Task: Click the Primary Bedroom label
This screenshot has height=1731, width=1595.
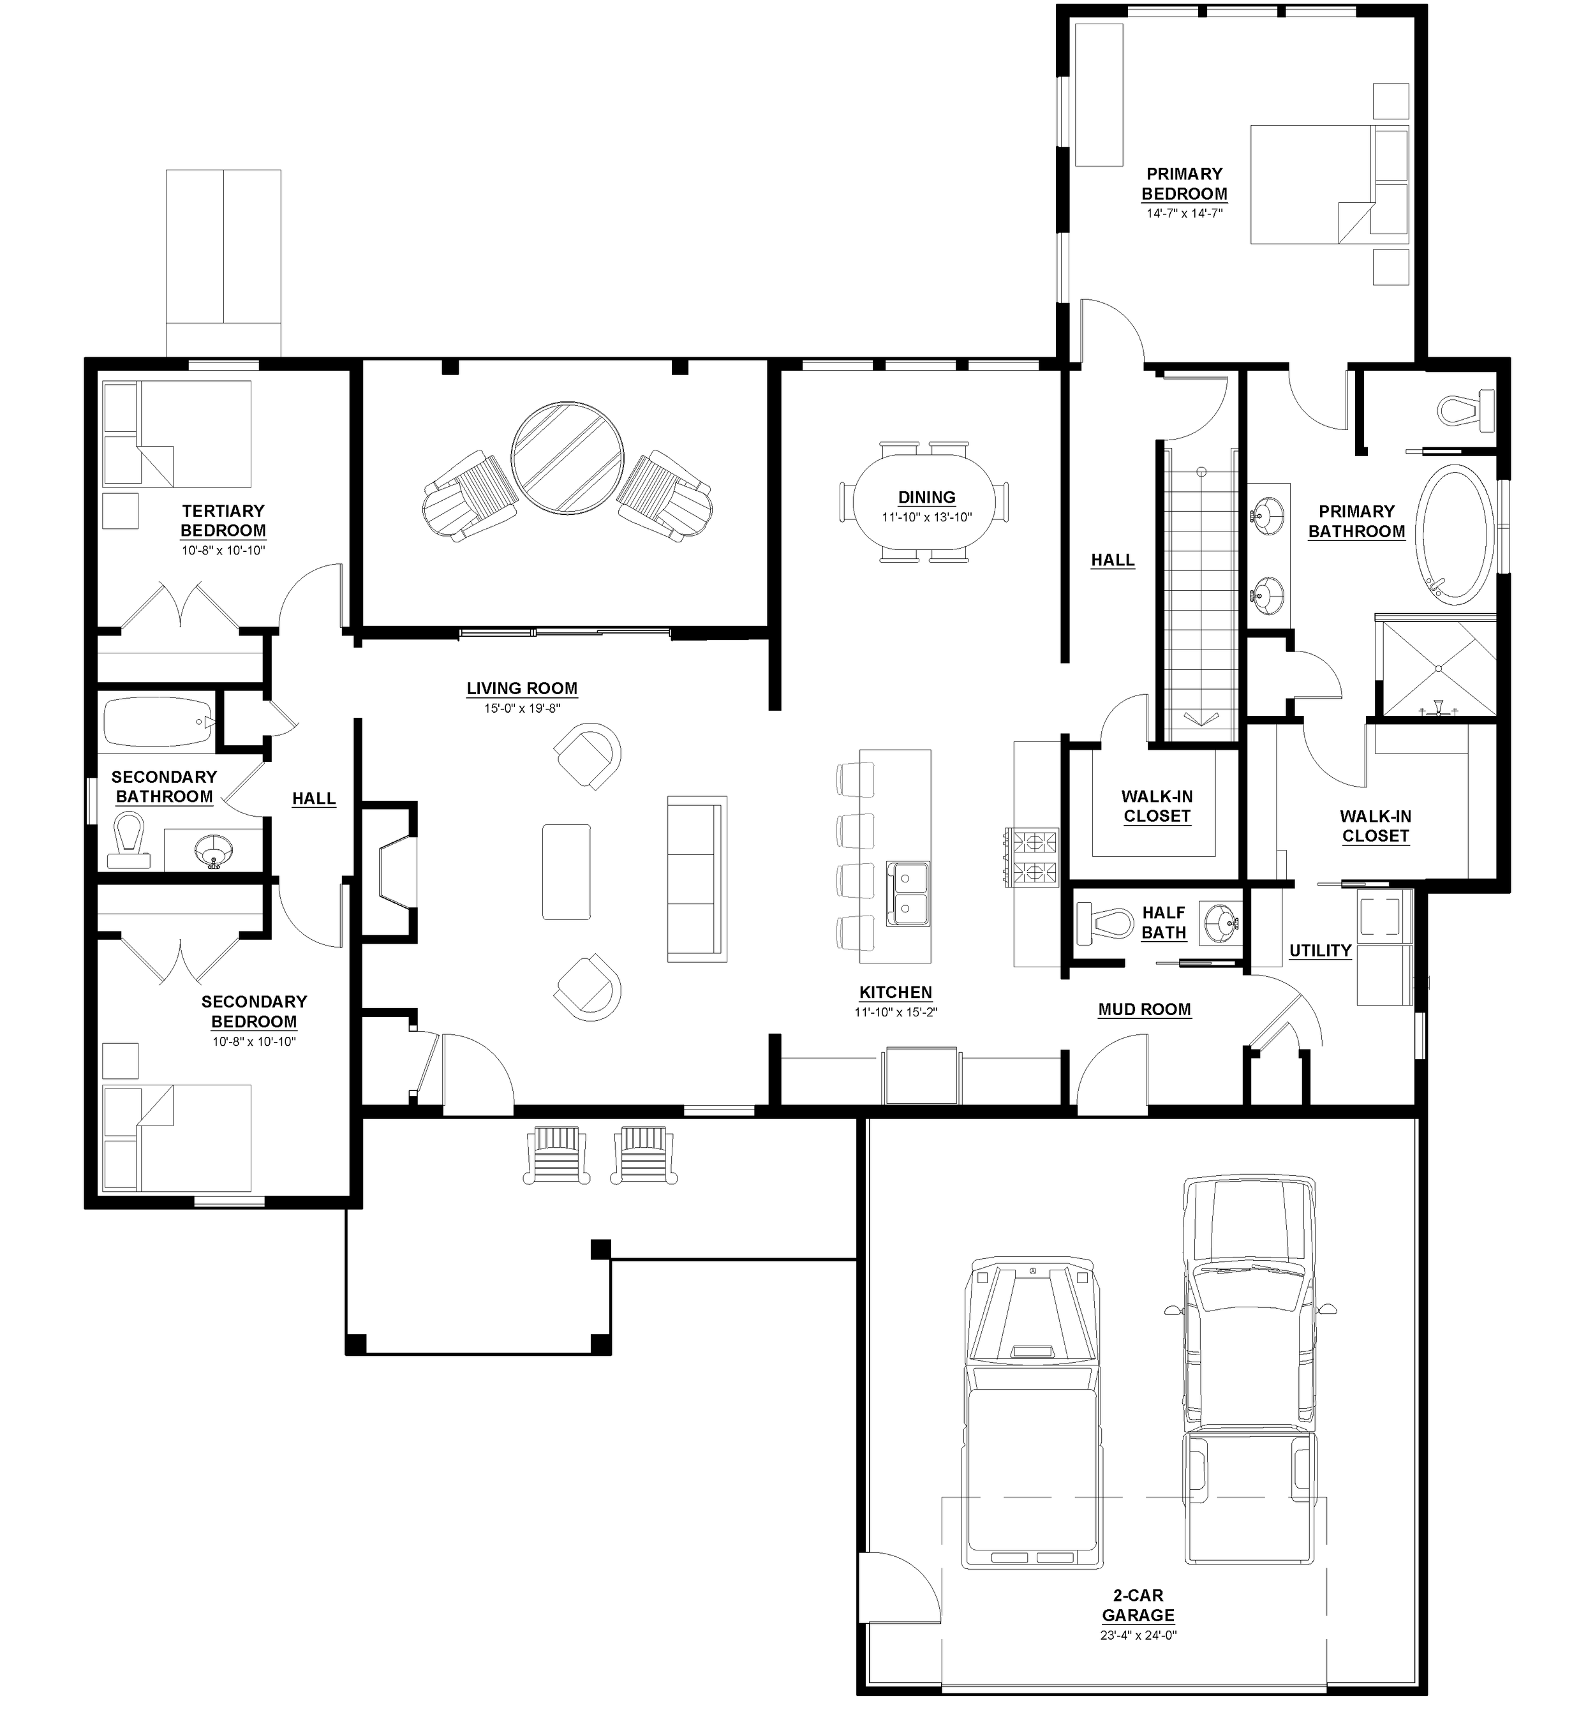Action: pyautogui.click(x=1184, y=184)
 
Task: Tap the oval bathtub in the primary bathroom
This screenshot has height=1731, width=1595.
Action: pyautogui.click(x=1458, y=535)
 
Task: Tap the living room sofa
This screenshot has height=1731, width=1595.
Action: pyautogui.click(x=697, y=879)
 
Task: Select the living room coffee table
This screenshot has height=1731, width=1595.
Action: pyautogui.click(x=566, y=872)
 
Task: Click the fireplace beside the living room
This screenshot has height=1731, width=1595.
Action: pyautogui.click(x=397, y=872)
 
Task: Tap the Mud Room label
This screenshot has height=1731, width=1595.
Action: pyautogui.click(x=1145, y=1009)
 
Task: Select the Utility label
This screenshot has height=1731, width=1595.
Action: pyautogui.click(x=1319, y=951)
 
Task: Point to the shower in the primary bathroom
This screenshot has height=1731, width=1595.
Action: pyautogui.click(x=1438, y=665)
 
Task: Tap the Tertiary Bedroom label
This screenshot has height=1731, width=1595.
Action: pyautogui.click(x=223, y=521)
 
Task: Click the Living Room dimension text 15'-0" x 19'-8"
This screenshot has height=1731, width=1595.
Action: pyautogui.click(x=522, y=709)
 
